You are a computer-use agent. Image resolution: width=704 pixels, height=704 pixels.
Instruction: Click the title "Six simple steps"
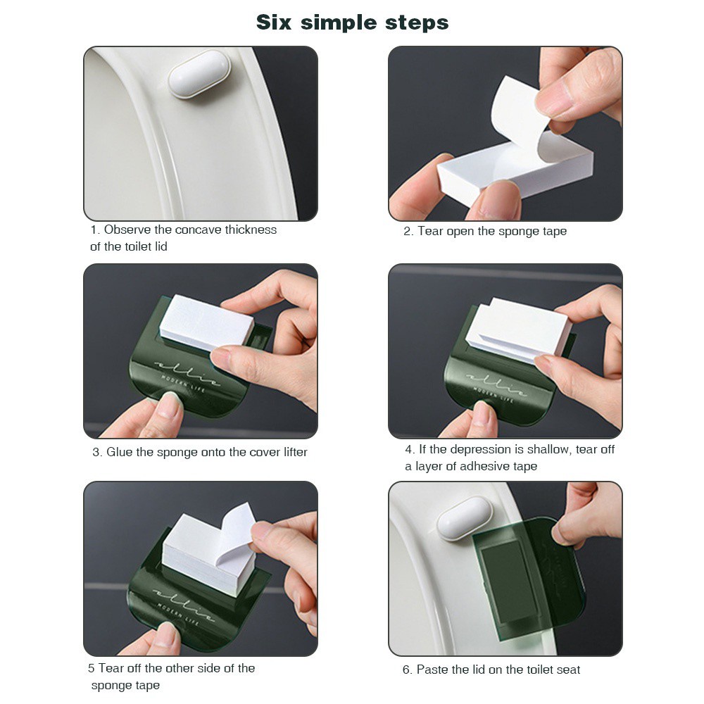pos(352,22)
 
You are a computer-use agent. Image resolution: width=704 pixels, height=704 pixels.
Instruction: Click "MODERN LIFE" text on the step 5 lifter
pos(179,607)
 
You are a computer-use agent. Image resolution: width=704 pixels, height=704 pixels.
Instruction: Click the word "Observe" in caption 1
pos(127,230)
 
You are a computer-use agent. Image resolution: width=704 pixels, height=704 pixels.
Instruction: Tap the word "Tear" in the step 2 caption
pos(430,231)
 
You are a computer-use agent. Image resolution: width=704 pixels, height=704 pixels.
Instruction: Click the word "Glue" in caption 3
pos(120,452)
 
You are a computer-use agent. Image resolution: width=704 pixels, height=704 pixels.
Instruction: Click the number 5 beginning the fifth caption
pos(91,668)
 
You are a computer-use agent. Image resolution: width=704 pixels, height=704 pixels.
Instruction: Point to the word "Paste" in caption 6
pos(433,670)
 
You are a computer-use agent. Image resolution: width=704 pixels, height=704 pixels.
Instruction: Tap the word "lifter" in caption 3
pos(291,452)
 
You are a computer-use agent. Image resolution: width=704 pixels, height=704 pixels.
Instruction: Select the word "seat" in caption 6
pos(567,670)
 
